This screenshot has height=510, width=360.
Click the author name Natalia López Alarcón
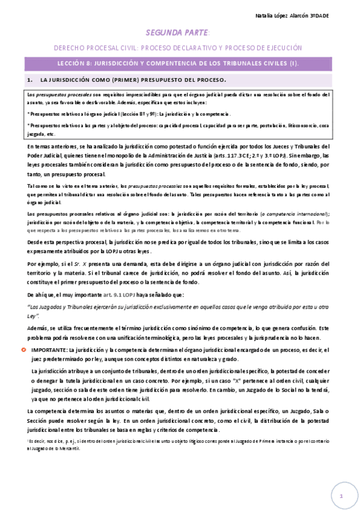pyautogui.click(x=297, y=14)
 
